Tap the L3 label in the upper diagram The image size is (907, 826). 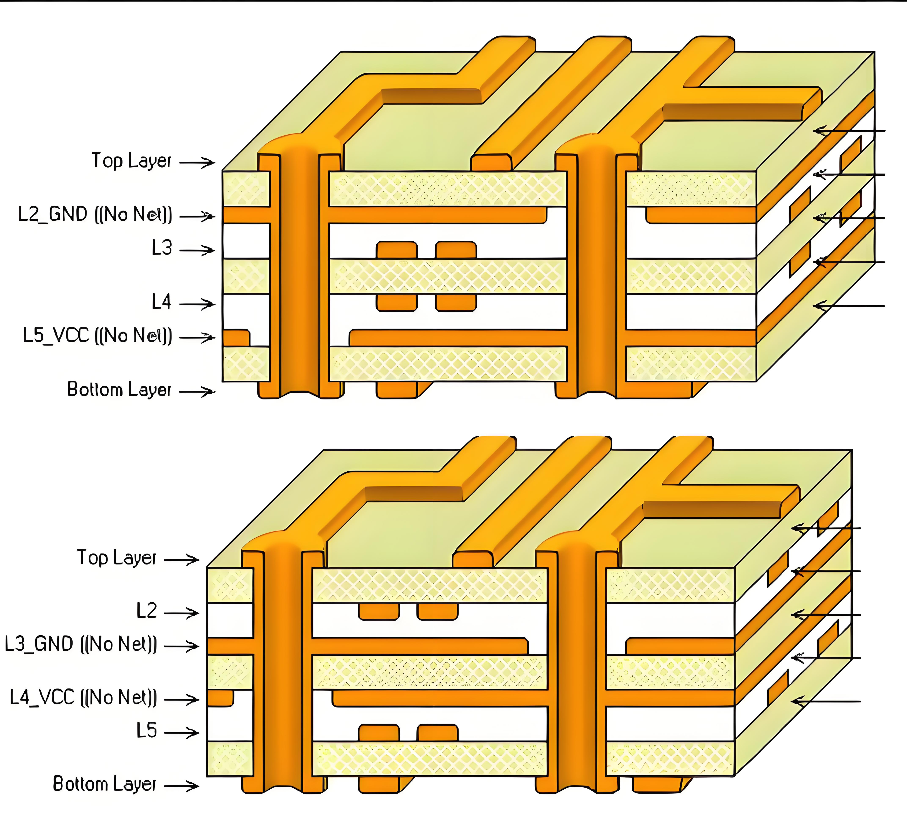point(162,248)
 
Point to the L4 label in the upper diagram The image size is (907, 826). point(162,301)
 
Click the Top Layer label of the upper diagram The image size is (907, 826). point(131,161)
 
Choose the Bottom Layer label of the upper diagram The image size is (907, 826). point(119,390)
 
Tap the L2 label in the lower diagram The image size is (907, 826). point(147,611)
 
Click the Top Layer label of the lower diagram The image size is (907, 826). point(117,558)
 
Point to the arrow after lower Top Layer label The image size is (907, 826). point(182,560)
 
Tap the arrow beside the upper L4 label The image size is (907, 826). point(197,304)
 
